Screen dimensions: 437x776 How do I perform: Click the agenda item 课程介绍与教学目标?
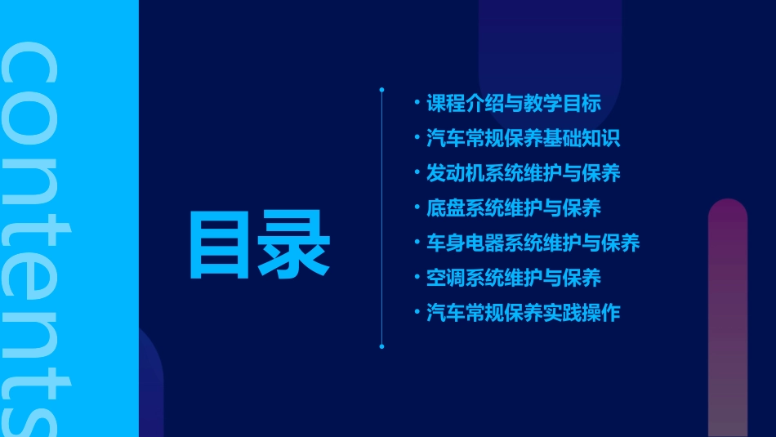(x=514, y=104)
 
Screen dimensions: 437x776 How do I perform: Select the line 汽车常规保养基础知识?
(x=524, y=138)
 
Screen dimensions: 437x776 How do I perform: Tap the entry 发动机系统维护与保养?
(x=524, y=173)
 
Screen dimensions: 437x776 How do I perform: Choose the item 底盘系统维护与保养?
(x=514, y=208)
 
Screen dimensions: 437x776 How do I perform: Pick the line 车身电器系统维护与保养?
(x=533, y=243)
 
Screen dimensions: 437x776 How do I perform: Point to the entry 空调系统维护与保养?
(x=514, y=278)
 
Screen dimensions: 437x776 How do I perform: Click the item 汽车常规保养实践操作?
(x=524, y=313)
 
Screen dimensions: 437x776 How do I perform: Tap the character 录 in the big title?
(x=295, y=244)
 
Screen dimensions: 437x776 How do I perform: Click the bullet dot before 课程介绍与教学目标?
(x=417, y=104)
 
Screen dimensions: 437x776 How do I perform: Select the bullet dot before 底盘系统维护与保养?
(x=417, y=208)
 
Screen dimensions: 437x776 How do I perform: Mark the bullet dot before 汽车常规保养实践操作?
(x=417, y=313)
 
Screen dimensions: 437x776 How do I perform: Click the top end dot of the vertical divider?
(x=381, y=89)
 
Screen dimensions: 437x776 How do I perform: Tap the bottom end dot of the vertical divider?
(x=381, y=346)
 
